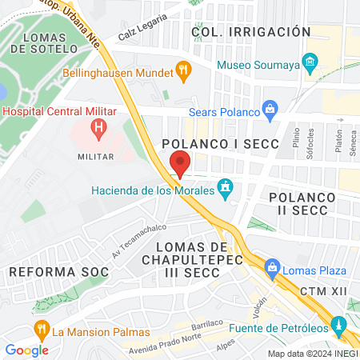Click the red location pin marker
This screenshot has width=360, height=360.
(181, 163)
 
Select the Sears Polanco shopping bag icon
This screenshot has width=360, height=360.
(270, 108)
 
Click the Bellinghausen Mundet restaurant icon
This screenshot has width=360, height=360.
(185, 72)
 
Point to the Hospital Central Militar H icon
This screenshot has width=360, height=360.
(99, 126)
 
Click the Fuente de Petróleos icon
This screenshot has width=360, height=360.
(339, 326)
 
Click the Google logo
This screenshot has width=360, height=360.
(26, 350)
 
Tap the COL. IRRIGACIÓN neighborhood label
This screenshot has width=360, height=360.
(251, 31)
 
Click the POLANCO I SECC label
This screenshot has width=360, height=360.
(220, 144)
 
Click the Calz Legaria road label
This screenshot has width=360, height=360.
(143, 30)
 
